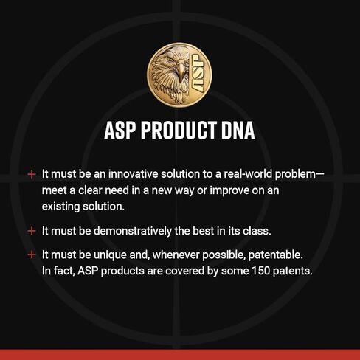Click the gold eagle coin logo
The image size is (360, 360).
coord(179,75)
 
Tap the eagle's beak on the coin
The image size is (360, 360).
coord(181,72)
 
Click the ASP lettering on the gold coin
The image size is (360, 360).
coord(198,73)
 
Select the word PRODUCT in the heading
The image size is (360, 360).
coord(179,131)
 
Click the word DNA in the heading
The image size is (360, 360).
coord(238,131)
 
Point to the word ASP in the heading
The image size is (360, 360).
coord(120,131)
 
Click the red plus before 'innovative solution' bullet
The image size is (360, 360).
coord(32,174)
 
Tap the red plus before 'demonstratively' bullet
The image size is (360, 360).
coord(32,231)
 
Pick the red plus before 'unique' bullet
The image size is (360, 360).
coord(32,255)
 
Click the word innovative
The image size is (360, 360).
coord(133,174)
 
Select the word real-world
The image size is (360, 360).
coord(248,174)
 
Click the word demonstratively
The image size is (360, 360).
coord(133,231)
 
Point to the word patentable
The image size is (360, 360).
coord(275,255)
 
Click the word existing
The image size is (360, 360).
coord(60,207)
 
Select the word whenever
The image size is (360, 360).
coord(176,255)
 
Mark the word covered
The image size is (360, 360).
coord(184,271)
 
